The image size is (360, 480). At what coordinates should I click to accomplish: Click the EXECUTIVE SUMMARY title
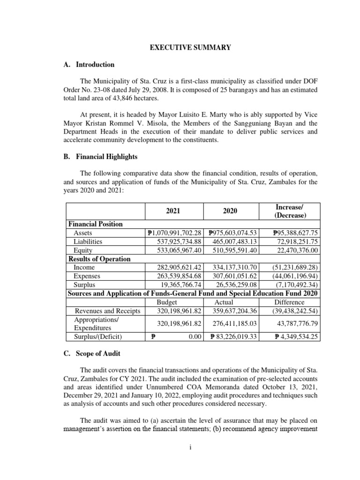pyautogui.click(x=180, y=47)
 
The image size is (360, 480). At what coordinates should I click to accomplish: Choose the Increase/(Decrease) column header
pyautogui.click(x=289, y=211)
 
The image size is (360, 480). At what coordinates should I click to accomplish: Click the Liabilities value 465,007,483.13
pyautogui.click(x=230, y=241)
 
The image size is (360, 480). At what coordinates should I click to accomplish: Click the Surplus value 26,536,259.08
pyautogui.click(x=230, y=284)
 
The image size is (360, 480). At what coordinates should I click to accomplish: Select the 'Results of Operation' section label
pyautogui.click(x=99, y=259)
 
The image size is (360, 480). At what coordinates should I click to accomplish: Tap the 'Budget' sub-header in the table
pyautogui.click(x=167, y=302)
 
